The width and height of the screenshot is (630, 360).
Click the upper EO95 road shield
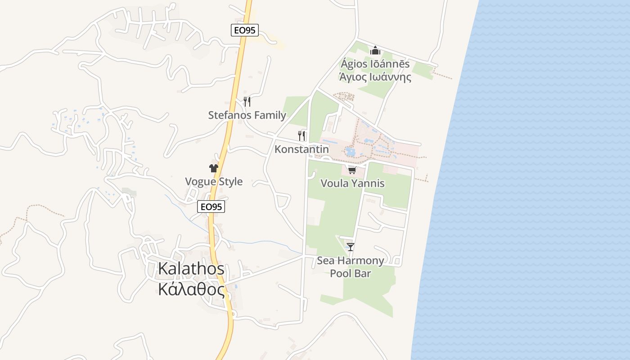click(245, 30)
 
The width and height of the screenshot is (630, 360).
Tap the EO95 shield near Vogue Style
click(211, 207)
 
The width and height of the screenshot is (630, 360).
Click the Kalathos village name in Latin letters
click(191, 269)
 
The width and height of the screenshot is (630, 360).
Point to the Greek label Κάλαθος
click(191, 289)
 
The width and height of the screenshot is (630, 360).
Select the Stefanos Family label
click(247, 115)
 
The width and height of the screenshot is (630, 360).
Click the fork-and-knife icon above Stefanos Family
click(247, 101)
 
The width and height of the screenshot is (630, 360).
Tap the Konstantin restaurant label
click(301, 149)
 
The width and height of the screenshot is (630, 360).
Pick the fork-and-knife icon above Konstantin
click(301, 135)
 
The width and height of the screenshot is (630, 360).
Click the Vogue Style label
click(214, 182)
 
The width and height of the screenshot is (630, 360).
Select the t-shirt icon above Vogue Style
click(214, 168)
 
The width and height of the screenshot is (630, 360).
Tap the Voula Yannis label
click(352, 183)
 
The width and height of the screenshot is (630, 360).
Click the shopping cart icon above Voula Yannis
click(352, 170)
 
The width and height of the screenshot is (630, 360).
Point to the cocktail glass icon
click(351, 247)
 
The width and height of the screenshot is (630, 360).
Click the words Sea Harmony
click(351, 261)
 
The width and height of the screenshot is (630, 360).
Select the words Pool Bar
click(351, 273)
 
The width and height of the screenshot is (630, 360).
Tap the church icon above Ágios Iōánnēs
click(375, 50)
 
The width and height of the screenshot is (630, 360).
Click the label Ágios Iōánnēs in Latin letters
click(375, 64)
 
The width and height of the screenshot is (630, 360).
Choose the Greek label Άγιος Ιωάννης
click(375, 76)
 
